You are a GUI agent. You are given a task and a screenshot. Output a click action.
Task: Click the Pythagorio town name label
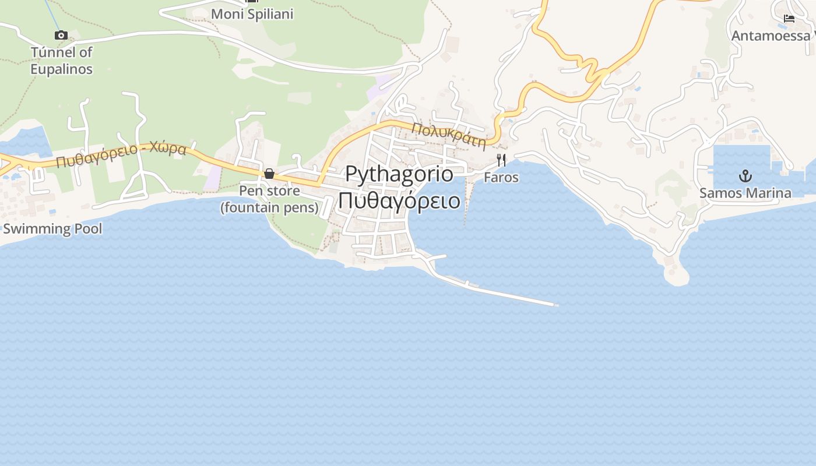click(x=399, y=174)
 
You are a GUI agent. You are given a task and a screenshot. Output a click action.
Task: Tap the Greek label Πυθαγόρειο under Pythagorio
click(x=399, y=200)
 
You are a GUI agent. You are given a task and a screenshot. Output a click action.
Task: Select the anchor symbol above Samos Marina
click(x=745, y=175)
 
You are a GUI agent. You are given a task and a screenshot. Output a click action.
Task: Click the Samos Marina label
click(x=745, y=193)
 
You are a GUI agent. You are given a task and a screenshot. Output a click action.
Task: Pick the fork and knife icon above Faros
click(x=501, y=160)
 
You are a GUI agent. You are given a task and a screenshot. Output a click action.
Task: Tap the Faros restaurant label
click(x=501, y=177)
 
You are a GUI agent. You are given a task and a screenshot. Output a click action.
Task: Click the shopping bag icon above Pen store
click(x=269, y=174)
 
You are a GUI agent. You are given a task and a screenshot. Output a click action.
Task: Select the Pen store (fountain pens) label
click(x=269, y=199)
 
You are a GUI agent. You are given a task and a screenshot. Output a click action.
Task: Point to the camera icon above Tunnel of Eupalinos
click(x=61, y=36)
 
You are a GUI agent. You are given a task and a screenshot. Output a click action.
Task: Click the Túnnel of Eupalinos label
click(x=61, y=61)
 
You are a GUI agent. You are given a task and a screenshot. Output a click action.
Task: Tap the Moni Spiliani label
click(x=252, y=14)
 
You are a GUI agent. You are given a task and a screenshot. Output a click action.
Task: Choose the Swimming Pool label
click(x=52, y=228)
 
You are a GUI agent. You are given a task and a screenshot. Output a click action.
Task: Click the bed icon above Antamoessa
click(x=789, y=19)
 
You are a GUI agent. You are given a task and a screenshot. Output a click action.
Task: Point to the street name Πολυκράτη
click(x=449, y=135)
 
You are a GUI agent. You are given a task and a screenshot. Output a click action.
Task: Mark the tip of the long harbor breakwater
click(x=557, y=305)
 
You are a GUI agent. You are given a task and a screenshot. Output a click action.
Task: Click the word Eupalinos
click(x=61, y=69)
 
